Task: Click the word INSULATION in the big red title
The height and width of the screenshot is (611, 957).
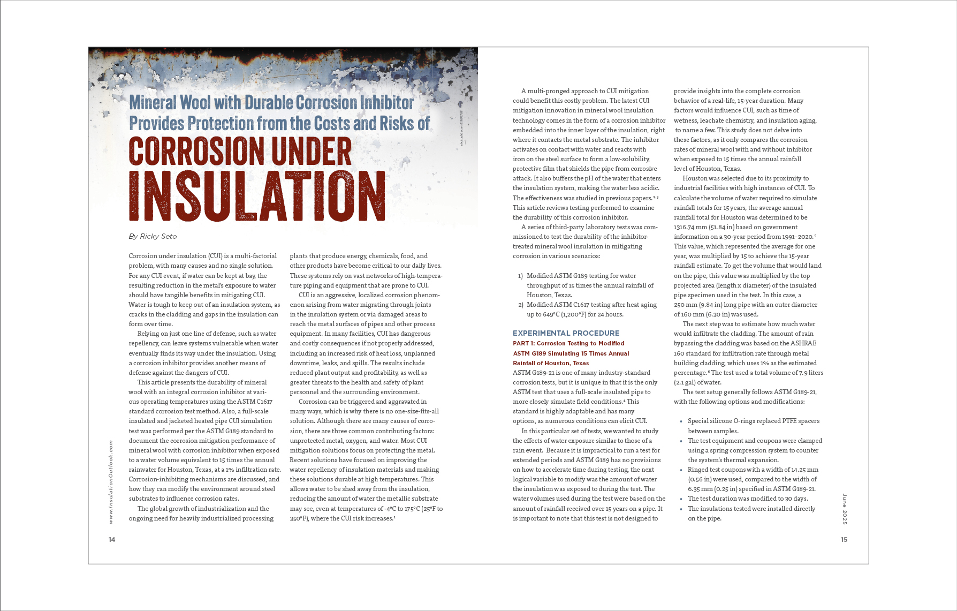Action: click(257, 196)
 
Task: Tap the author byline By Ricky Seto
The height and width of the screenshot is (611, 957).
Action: click(153, 236)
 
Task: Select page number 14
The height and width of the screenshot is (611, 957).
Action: click(112, 539)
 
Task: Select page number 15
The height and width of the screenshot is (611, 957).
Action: click(844, 539)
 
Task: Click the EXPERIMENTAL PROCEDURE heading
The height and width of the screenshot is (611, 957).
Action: click(566, 333)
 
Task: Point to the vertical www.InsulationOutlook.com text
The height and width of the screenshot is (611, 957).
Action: click(111, 481)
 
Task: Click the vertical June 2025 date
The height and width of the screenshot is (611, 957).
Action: click(845, 509)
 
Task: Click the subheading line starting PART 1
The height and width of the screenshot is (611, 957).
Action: click(568, 343)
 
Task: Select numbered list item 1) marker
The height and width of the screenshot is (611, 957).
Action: click(520, 276)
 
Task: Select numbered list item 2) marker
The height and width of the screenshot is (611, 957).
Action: click(520, 305)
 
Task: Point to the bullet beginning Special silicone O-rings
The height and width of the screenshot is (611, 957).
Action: click(753, 421)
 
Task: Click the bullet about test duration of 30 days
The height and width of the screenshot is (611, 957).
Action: click(748, 499)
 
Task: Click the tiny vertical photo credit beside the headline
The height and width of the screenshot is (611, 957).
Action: click(461, 129)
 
